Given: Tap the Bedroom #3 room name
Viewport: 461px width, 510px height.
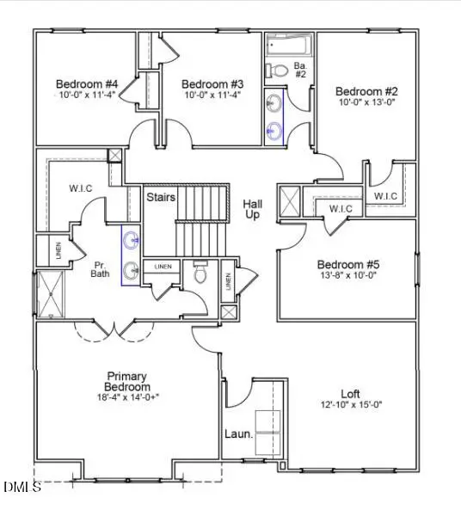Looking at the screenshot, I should [x=212, y=83].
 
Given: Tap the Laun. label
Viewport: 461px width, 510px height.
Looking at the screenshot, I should [x=239, y=434].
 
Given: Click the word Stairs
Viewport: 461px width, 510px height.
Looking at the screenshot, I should [x=161, y=197].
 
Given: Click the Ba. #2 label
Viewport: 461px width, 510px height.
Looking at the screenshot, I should [x=301, y=69].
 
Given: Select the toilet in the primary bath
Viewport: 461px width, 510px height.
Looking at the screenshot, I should [x=201, y=273].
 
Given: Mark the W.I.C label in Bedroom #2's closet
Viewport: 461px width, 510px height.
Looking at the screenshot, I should [x=385, y=196].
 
